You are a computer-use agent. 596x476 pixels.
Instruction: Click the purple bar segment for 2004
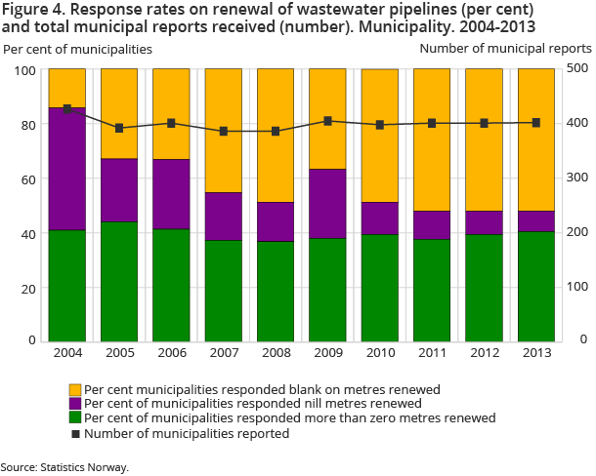click(x=67, y=169)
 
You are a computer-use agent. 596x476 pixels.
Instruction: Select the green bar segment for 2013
click(x=535, y=286)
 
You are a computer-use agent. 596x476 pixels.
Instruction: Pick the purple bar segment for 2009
click(x=327, y=204)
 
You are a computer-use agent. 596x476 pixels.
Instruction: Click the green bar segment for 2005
click(x=119, y=281)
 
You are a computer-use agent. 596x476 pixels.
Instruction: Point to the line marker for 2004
click(x=67, y=109)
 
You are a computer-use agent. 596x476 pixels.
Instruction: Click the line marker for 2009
click(x=327, y=121)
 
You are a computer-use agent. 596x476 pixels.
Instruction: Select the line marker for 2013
click(x=535, y=123)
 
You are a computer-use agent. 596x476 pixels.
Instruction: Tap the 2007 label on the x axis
click(x=223, y=353)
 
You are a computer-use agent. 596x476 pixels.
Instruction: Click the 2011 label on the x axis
click(x=431, y=353)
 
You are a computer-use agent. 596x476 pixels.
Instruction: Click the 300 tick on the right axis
click(x=577, y=178)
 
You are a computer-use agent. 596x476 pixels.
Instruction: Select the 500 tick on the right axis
click(x=577, y=70)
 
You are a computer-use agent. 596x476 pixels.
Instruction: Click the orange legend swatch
click(x=75, y=388)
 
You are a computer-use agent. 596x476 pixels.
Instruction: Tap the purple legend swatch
click(x=75, y=403)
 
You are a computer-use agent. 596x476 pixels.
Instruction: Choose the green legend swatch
click(x=75, y=417)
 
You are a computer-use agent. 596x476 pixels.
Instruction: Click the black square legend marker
click(x=75, y=433)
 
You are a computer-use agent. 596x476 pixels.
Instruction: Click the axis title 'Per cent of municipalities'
click(x=77, y=48)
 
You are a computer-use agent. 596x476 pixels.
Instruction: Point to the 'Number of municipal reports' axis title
click(x=505, y=48)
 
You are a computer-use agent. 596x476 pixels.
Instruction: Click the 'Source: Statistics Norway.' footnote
click(x=64, y=467)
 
